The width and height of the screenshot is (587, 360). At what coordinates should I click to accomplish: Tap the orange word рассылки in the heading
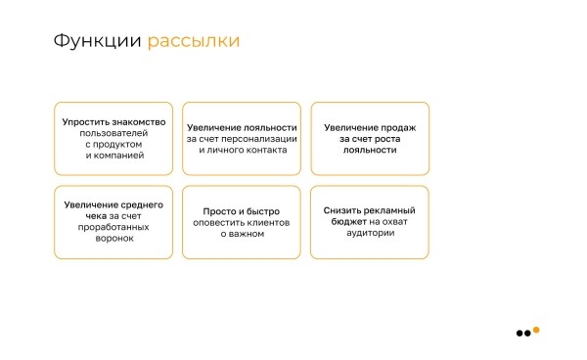[x=194, y=42]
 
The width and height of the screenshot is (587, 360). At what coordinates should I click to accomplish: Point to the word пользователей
[x=113, y=133]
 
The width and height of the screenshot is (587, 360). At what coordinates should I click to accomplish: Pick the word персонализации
[x=257, y=139]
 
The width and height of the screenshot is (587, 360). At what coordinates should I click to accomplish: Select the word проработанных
[x=113, y=227]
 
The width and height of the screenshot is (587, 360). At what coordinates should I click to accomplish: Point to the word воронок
[x=113, y=238]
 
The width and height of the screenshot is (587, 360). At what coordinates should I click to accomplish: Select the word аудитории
[x=369, y=233]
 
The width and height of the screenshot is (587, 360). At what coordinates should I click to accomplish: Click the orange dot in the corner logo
[x=536, y=330]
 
